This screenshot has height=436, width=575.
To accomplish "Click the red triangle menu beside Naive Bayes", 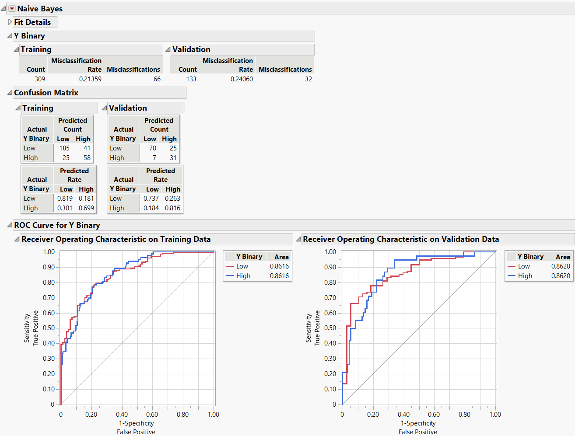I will [x=12, y=9].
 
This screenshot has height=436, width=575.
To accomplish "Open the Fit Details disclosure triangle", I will [x=10, y=22].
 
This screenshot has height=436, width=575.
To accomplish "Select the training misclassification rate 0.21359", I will [x=90, y=79].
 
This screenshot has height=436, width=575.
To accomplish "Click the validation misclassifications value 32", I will [x=309, y=79].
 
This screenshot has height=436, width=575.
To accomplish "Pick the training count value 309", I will [x=40, y=79].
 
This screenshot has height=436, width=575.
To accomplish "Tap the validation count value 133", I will [x=191, y=79].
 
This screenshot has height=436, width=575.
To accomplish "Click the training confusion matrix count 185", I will [x=64, y=148].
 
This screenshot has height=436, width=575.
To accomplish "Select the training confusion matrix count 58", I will [x=87, y=158].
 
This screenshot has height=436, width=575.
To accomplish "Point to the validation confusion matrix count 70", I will [x=153, y=148].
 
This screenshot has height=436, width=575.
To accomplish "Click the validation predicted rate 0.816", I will [x=172, y=208].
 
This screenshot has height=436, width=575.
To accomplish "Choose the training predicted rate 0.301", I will [x=65, y=208].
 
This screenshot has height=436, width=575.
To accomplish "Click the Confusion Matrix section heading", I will [x=46, y=93].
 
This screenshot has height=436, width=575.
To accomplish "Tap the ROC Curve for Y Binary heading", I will [x=57, y=225].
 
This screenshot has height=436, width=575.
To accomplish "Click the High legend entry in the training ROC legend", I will [x=243, y=276].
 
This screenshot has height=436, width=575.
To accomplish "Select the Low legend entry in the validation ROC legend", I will [x=524, y=266].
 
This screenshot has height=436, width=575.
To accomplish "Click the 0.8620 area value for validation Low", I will [x=561, y=266].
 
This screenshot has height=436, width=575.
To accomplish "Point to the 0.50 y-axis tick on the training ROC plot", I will [x=49, y=328].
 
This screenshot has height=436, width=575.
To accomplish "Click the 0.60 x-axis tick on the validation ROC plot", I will [x=434, y=415].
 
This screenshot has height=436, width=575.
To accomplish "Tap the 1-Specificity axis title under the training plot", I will [x=137, y=423].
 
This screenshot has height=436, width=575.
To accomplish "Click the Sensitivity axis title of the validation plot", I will [x=309, y=328].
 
